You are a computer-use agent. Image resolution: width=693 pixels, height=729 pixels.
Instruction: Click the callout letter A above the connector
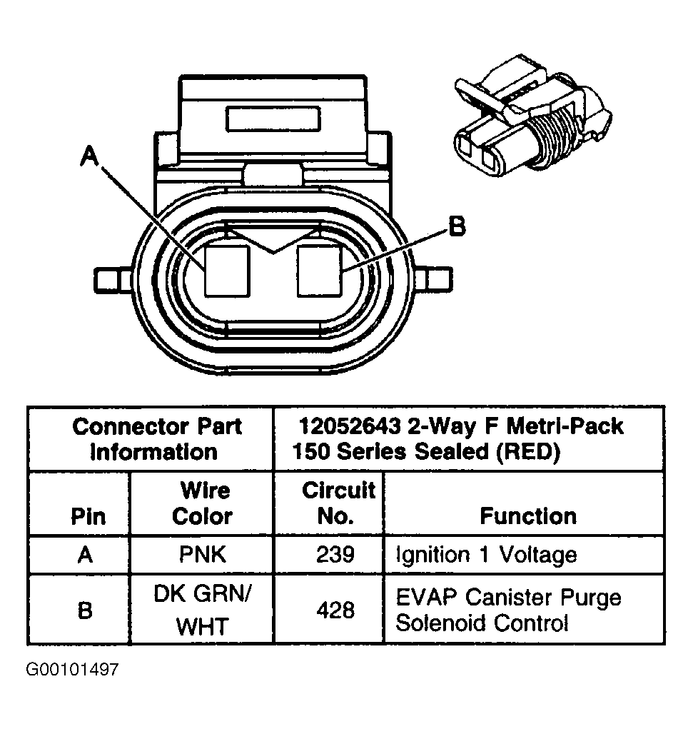pyautogui.click(x=89, y=155)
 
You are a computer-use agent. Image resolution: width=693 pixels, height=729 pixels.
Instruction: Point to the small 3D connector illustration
pyautogui.click(x=531, y=121)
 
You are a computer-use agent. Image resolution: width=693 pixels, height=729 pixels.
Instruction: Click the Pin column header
pyautogui.click(x=88, y=516)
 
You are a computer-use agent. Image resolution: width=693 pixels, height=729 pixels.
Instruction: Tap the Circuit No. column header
pyautogui.click(x=337, y=503)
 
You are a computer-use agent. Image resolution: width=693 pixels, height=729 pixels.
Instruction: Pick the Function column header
pyautogui.click(x=528, y=516)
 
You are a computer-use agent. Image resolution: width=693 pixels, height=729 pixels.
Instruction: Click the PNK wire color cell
pyautogui.click(x=203, y=555)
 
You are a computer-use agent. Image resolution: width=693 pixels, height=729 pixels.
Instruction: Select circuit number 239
pyautogui.click(x=336, y=555)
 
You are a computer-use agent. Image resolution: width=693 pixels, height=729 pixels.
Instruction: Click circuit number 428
pyautogui.click(x=336, y=610)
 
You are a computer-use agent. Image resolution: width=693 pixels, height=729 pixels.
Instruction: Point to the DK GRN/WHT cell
pyautogui.click(x=203, y=610)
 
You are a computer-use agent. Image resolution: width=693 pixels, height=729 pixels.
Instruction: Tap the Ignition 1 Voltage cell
pyautogui.click(x=486, y=555)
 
